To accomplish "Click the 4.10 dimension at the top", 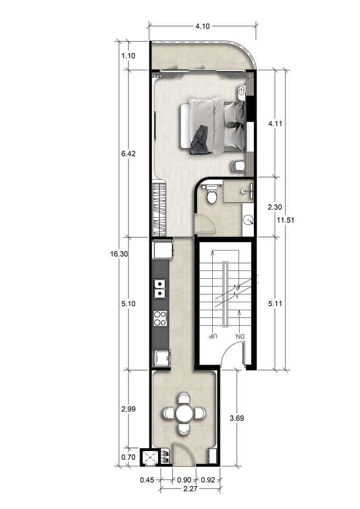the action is click(202, 26).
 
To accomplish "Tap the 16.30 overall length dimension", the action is click(119, 254).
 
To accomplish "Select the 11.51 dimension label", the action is click(286, 220).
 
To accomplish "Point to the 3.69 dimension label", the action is click(237, 419).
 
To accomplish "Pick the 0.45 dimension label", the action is click(147, 480).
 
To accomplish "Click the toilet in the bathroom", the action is click(212, 194).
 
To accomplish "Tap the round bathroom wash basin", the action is click(248, 221).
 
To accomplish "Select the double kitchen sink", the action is click(160, 288).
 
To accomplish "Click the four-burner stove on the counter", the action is click(160, 318).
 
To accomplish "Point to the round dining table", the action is click(185, 413).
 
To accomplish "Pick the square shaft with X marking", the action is click(150, 458).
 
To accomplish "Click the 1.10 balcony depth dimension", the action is click(128, 56).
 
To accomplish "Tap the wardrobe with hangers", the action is click(159, 210).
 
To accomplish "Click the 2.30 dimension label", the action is click(275, 207).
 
